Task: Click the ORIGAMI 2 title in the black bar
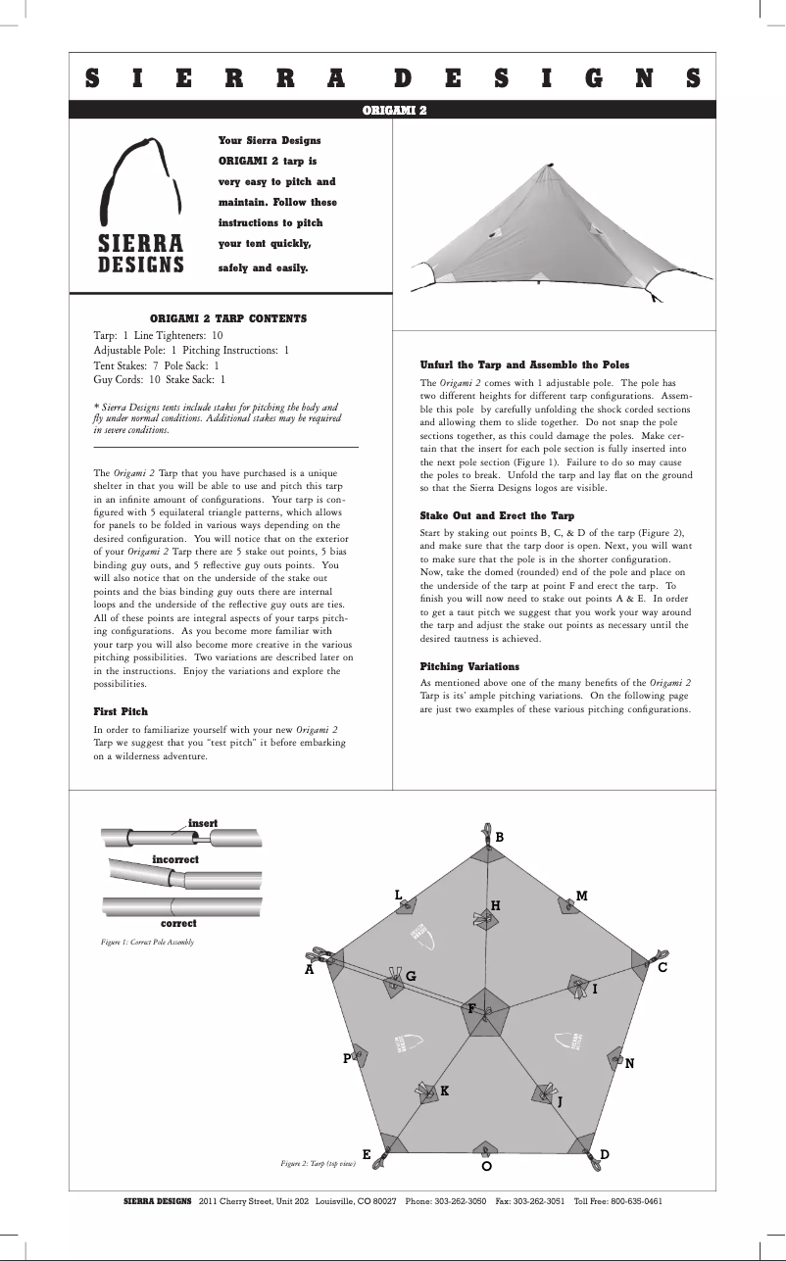click(x=394, y=110)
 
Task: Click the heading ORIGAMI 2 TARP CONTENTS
click(x=227, y=318)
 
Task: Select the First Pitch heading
click(x=121, y=710)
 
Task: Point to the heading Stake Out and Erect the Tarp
click(x=497, y=515)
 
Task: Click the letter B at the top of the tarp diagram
click(x=499, y=838)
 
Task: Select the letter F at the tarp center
click(x=471, y=1008)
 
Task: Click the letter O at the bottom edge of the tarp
click(x=486, y=1167)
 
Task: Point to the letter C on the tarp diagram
click(x=663, y=968)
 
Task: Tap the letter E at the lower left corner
click(x=367, y=1154)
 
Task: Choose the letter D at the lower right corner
click(x=605, y=1154)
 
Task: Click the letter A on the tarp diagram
click(x=310, y=970)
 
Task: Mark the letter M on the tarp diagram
click(x=581, y=896)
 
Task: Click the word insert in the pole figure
click(x=203, y=822)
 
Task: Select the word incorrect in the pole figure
click(x=175, y=859)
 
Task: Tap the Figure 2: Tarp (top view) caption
click(x=319, y=1162)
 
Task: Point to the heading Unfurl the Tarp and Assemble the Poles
click(x=524, y=364)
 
